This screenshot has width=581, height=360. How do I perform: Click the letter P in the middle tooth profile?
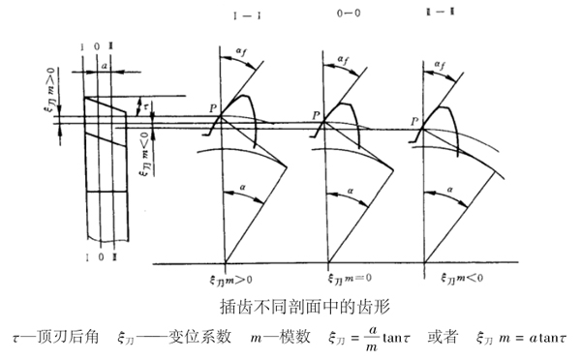tap(316, 114)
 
